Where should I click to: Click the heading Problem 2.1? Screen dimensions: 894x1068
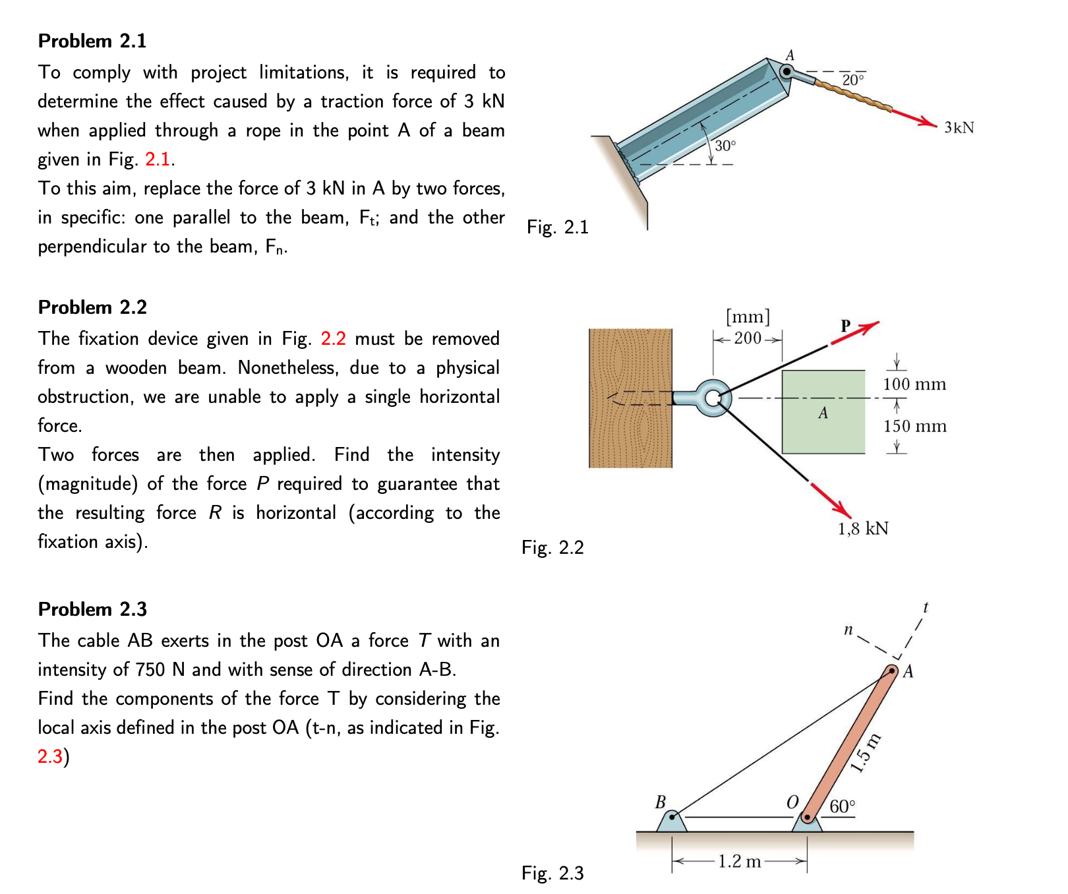pos(92,41)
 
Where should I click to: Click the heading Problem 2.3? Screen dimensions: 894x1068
pos(92,609)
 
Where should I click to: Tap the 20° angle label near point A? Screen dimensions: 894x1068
pos(852,80)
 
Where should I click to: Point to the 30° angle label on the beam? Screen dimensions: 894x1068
pos(725,146)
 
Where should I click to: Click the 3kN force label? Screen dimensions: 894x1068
pos(959,128)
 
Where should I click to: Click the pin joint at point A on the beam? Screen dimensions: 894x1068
pos(786,71)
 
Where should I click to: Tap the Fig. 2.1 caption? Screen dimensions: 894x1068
pos(557,227)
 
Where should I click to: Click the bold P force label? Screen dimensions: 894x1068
pos(846,325)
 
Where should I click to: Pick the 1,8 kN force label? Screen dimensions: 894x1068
pos(863,529)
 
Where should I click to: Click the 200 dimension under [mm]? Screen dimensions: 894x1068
pos(748,338)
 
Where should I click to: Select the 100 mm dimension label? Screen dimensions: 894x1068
pos(914,384)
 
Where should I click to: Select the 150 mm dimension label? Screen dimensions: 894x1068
pos(914,427)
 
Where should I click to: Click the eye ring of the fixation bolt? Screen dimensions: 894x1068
pos(713,398)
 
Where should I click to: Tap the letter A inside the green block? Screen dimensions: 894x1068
pos(823,413)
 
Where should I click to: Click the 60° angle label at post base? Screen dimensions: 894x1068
pos(843,806)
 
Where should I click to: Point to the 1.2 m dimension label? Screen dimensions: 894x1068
pos(739,862)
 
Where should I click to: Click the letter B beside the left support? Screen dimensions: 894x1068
pos(661,802)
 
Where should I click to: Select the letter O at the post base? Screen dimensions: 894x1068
pos(792,802)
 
